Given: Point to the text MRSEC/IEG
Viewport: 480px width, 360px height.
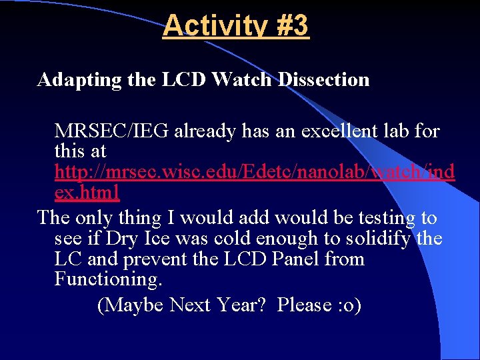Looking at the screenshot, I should [111, 131].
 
